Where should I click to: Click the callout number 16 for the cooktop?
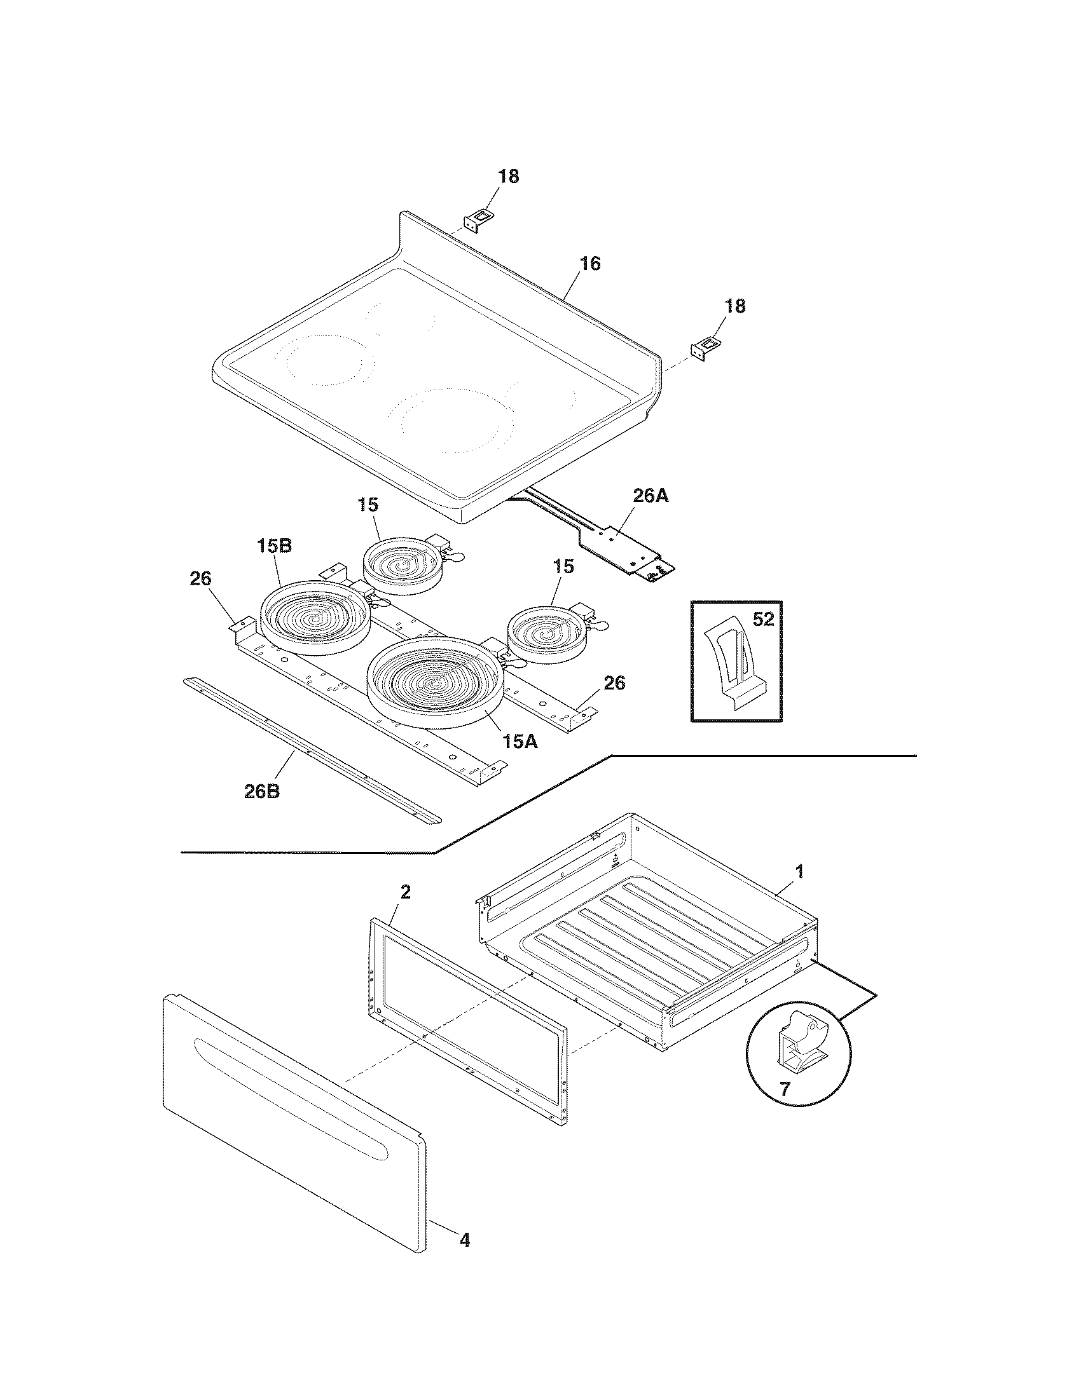tap(590, 264)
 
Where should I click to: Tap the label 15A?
tap(520, 742)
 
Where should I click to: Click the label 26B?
tap(262, 791)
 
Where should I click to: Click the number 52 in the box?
tap(762, 620)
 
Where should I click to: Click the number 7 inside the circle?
tap(784, 1089)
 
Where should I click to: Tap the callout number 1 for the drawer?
tap(799, 872)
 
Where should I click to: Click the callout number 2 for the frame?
tap(406, 892)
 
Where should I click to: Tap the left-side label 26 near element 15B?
tap(200, 580)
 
